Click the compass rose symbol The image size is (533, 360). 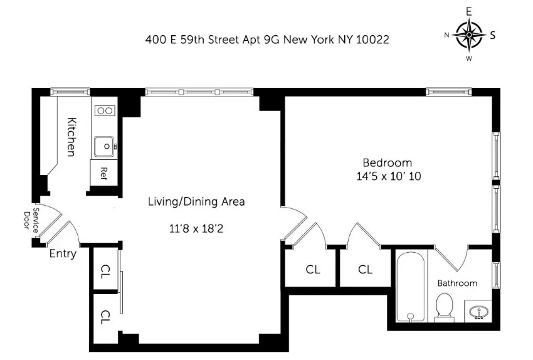click(x=468, y=34)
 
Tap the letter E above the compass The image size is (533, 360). click(x=468, y=11)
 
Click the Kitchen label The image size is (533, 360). click(x=71, y=137)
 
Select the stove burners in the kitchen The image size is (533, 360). click(x=104, y=111)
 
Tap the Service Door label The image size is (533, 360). click(x=31, y=220)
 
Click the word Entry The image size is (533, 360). click(x=63, y=254)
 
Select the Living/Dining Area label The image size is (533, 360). click(x=196, y=202)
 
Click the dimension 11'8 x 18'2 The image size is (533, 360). click(x=196, y=229)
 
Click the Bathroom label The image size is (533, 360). click(x=457, y=283)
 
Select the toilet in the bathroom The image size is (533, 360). click(x=445, y=307)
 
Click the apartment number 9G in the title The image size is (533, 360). click(x=268, y=40)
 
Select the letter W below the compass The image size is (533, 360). click(x=468, y=59)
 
